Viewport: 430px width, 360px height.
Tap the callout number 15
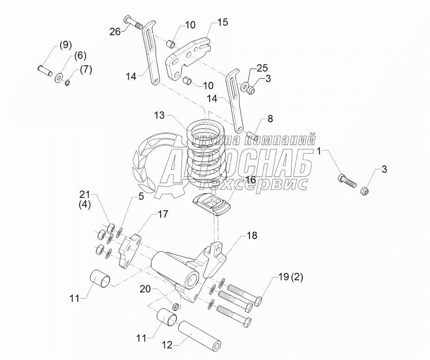[223, 22]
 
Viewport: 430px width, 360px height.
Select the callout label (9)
[65, 45]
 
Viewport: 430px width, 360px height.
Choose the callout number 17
[163, 214]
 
